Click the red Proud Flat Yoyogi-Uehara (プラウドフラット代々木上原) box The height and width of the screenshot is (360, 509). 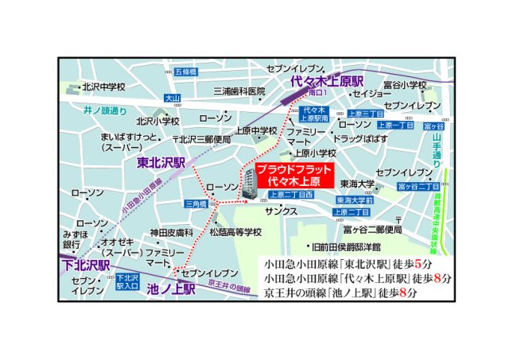click(x=293, y=176)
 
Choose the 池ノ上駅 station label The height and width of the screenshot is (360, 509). click(x=171, y=290)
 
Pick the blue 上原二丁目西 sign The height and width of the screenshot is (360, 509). click(x=290, y=195)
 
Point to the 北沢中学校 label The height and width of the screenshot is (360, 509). click(x=103, y=88)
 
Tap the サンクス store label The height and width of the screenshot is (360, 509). click(x=282, y=211)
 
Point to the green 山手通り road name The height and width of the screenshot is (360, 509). click(x=436, y=149)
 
